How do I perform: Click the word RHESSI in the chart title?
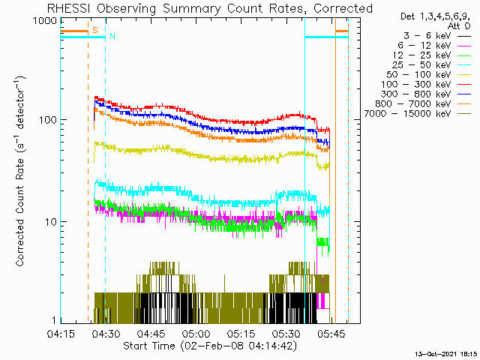[69, 8]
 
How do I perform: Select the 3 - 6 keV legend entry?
[436, 36]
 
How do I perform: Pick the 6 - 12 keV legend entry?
[434, 46]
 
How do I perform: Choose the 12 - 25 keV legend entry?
[432, 55]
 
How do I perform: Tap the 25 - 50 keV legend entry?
[432, 65]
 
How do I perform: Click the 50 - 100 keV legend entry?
[428, 75]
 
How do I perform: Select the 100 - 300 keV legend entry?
[426, 85]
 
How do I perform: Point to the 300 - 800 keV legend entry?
[426, 94]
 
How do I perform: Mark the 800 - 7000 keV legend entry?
[423, 104]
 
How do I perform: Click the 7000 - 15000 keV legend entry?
[418, 114]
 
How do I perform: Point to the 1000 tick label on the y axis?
[44, 21]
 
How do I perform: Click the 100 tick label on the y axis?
[48, 120]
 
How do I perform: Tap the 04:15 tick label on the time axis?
[61, 334]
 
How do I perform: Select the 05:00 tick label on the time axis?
[196, 334]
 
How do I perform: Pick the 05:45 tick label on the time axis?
[331, 334]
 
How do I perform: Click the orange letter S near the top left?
[95, 30]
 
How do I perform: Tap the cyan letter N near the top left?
[112, 36]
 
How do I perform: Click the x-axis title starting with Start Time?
[210, 346]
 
